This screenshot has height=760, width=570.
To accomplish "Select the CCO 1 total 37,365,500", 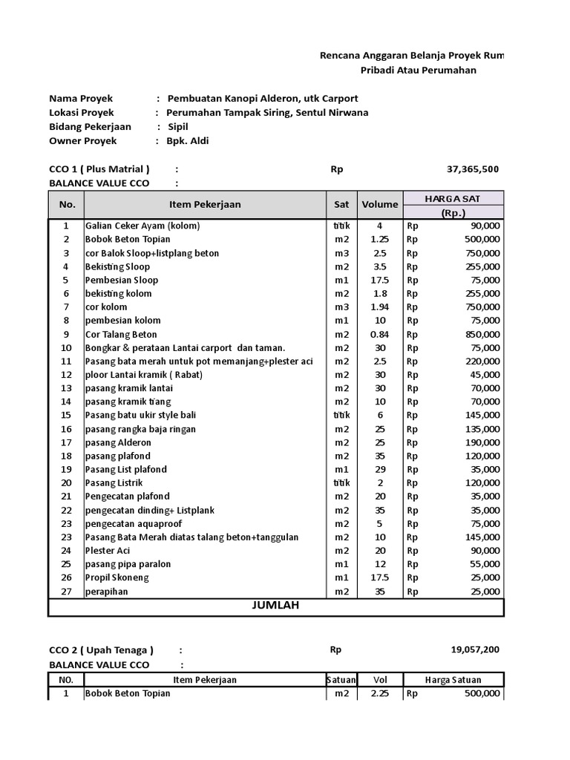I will (x=473, y=169).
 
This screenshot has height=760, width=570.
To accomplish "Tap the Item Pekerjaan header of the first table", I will (x=205, y=205).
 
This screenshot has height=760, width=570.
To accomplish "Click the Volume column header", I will (x=380, y=205).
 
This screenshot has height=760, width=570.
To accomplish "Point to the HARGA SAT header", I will (x=453, y=198).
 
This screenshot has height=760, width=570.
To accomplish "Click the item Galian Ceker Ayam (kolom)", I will (x=142, y=226).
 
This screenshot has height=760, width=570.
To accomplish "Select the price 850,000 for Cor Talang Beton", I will (x=480, y=334).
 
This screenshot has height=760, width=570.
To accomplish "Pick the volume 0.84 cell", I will (x=379, y=334).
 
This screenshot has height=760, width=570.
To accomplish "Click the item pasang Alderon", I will (x=118, y=442).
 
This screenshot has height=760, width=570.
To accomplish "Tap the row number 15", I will (x=66, y=415).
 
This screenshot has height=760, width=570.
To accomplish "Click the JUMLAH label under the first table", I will (x=275, y=606).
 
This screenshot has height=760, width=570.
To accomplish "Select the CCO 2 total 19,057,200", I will (x=475, y=650).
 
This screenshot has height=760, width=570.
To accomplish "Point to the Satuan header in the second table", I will (x=341, y=680).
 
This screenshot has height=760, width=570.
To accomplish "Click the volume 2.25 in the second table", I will (x=379, y=693).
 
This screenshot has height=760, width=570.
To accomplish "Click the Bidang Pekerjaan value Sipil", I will (x=178, y=127).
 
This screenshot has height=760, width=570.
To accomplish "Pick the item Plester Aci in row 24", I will (x=107, y=551).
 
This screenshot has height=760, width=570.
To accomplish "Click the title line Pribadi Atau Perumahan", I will (x=418, y=71).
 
